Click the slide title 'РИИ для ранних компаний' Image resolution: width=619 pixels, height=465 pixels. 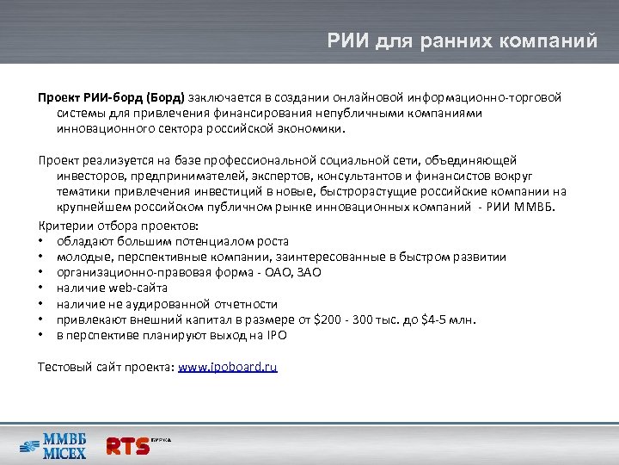pyautogui.click(x=462, y=40)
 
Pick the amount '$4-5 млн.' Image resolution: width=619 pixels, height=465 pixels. pyautogui.click(x=447, y=319)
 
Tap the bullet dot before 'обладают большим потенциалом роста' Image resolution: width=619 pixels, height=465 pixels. pyautogui.click(x=41, y=242)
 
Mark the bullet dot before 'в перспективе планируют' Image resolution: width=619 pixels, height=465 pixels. pyautogui.click(x=41, y=335)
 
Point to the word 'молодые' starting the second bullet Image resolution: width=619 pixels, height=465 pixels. pyautogui.click(x=82, y=257)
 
